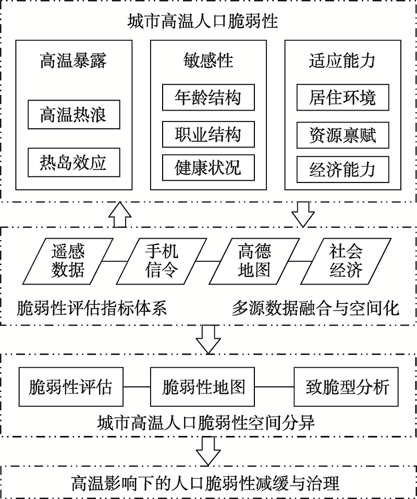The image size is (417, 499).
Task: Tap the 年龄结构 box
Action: (208, 98)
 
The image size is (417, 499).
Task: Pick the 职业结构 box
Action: (208, 133)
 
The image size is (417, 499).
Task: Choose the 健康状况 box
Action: (208, 168)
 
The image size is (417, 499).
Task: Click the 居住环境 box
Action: (342, 98)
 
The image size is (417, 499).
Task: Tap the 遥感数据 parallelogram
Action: (68, 261)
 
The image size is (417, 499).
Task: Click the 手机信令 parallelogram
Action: (161, 261)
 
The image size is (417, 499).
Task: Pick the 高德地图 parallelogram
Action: (254, 261)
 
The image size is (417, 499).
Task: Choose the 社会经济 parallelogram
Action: (346, 261)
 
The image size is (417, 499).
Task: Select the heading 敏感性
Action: (208, 61)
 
